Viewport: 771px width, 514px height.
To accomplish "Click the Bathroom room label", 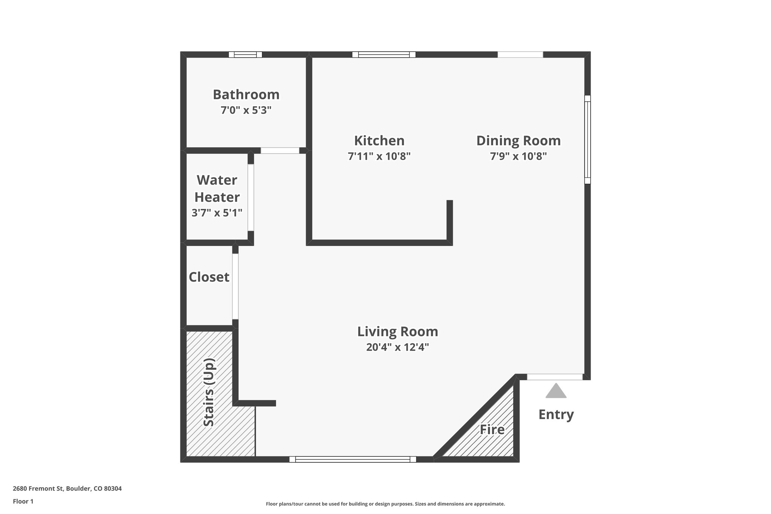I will [x=246, y=95].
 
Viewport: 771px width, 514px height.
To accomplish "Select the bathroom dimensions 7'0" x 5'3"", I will [x=246, y=110].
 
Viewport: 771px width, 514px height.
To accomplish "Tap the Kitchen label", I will [x=379, y=141].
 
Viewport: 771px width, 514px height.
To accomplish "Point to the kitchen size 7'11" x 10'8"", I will [x=379, y=156].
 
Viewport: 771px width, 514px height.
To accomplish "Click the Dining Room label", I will [x=518, y=141].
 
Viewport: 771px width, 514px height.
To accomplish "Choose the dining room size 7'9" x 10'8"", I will [x=518, y=156].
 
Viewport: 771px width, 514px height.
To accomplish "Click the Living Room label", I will [x=398, y=332].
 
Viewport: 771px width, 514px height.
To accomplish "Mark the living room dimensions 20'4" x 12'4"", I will [x=398, y=347].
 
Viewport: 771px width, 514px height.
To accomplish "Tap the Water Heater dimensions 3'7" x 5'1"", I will [x=217, y=213].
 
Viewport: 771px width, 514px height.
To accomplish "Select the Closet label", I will [x=209, y=277].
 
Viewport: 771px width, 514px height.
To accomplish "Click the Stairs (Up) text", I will [x=209, y=392].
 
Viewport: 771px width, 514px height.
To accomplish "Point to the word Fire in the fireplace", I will [x=492, y=430].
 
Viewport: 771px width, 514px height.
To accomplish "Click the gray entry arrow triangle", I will [x=556, y=392].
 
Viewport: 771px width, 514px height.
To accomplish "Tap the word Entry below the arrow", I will [x=556, y=415].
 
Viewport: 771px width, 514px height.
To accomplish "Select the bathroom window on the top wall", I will [x=245, y=55].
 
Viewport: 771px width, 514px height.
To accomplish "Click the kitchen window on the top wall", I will [x=384, y=55].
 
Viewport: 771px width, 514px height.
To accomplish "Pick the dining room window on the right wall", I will [x=587, y=139].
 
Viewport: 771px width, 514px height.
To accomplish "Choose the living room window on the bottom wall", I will [x=353, y=459].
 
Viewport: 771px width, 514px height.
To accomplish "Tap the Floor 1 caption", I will [x=23, y=501].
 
